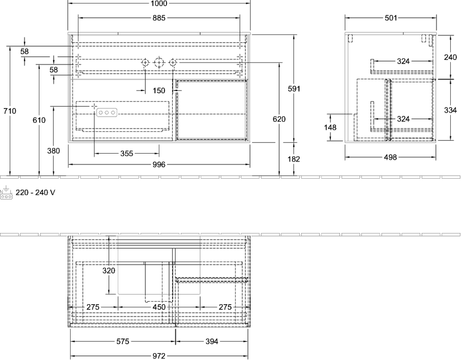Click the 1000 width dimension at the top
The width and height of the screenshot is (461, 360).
159,4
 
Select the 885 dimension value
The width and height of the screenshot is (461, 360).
159,18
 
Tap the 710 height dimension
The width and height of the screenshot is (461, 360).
10,111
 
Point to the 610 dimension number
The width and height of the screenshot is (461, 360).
39,120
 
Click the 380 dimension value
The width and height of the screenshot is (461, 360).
53,151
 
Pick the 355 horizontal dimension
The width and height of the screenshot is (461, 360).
127,154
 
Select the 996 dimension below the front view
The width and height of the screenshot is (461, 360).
159,164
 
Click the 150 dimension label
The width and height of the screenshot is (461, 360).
159,91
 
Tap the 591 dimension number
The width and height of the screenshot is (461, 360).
294,89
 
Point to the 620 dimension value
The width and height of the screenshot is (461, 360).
279,119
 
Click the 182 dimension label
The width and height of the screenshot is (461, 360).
294,159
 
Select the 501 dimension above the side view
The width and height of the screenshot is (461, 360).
391,18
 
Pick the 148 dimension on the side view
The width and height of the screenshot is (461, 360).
330,127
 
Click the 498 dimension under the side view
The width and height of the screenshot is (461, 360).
390,157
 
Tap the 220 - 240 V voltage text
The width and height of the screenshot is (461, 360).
35,193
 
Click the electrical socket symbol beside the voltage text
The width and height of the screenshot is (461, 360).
6,193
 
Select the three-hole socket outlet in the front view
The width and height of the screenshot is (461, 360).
107,112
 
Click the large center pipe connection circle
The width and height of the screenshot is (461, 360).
159,62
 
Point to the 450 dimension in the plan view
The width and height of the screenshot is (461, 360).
159,307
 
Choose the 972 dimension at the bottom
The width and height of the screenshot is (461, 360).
159,356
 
